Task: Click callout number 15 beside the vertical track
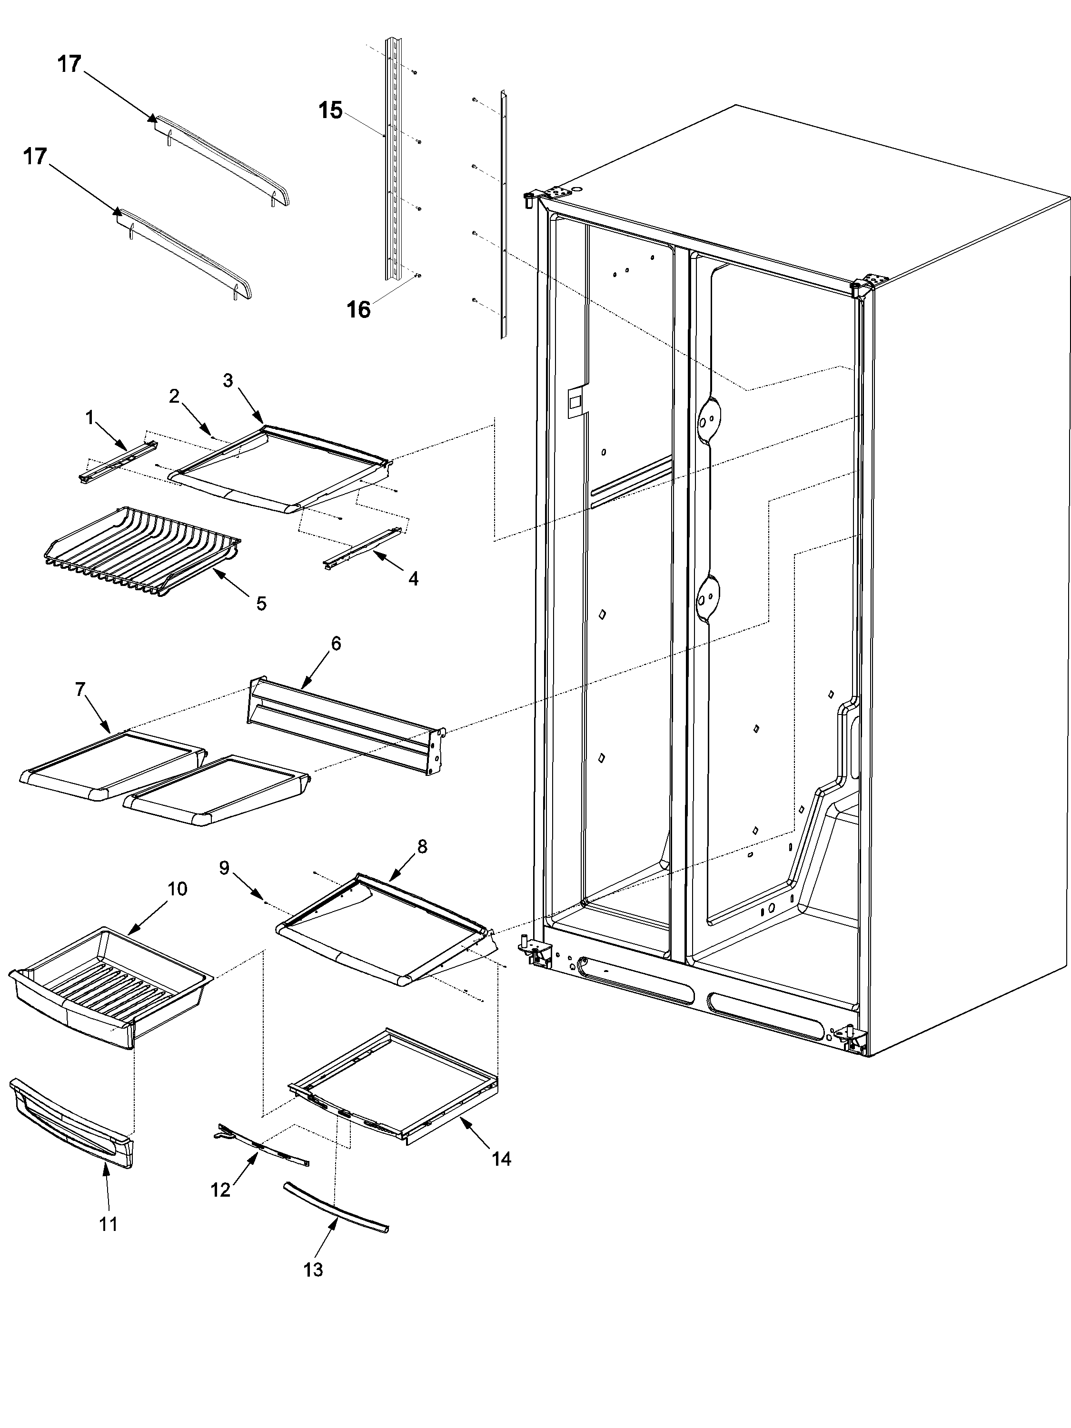[330, 110]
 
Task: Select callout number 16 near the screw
[359, 310]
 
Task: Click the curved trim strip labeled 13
[336, 1207]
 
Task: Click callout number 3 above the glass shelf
[228, 380]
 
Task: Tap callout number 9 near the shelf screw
[224, 868]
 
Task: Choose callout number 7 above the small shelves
[80, 689]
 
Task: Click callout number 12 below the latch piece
[220, 1190]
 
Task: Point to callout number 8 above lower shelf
[422, 847]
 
